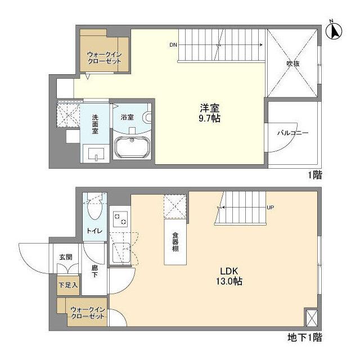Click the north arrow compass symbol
(334, 30)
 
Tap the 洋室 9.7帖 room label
(209, 113)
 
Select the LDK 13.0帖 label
(229, 276)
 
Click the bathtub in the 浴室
(132, 147)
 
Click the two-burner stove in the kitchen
(120, 219)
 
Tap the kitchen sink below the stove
(121, 253)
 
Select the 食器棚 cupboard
(175, 242)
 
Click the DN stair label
(173, 45)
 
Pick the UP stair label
(271, 208)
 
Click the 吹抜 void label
(292, 64)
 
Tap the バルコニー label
(292, 133)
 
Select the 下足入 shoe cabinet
(68, 285)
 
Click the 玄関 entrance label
(66, 257)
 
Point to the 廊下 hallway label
(94, 271)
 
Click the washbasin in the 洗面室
(96, 154)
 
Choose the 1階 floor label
(315, 175)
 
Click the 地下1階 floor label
(305, 337)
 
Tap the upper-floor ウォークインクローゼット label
(105, 58)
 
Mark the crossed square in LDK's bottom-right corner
(312, 318)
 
